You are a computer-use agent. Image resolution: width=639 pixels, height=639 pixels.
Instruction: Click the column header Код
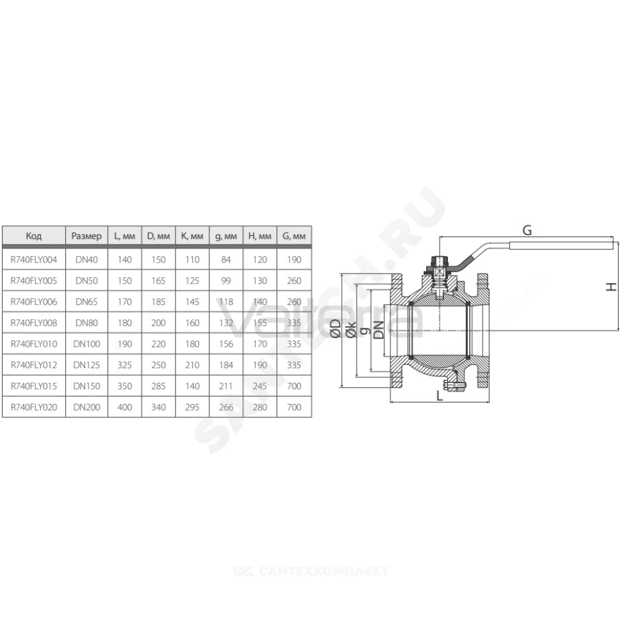click(34, 236)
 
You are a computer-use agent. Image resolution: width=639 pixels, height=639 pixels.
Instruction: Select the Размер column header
click(86, 236)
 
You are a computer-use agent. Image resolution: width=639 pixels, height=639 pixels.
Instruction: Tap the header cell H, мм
click(259, 236)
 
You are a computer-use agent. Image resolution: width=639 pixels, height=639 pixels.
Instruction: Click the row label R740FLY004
click(34, 259)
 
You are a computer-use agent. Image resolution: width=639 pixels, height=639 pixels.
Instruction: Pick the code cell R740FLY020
click(34, 407)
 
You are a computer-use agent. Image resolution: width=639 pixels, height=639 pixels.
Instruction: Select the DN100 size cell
click(86, 344)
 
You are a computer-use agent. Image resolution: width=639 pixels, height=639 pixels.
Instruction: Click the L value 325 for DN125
click(125, 365)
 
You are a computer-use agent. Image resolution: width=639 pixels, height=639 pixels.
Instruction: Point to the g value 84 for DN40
click(226, 259)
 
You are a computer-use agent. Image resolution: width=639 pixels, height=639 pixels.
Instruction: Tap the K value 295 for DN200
click(192, 407)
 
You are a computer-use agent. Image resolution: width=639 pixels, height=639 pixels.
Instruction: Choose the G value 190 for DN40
click(294, 259)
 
